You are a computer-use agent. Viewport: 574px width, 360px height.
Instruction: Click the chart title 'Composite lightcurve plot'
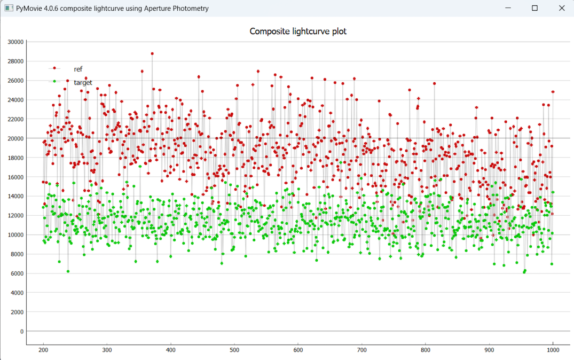point(298,32)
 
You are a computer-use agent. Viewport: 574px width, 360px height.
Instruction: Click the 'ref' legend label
point(78,69)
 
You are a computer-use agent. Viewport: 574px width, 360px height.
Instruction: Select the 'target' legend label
point(83,82)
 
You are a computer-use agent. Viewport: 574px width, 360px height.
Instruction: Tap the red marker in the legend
point(54,68)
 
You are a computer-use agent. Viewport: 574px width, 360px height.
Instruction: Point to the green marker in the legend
point(54,81)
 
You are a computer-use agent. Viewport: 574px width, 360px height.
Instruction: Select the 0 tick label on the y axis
point(22,331)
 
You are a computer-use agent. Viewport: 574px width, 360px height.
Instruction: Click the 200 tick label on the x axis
point(43,350)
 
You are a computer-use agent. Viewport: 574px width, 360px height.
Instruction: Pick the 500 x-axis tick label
point(234,350)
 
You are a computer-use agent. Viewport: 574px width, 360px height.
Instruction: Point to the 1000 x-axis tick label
point(553,350)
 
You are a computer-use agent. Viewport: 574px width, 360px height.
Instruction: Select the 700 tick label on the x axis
point(361,350)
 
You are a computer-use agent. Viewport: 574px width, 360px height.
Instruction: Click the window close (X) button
point(561,8)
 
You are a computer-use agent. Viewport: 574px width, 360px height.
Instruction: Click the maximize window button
point(534,8)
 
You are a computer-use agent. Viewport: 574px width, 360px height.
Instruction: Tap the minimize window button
point(508,8)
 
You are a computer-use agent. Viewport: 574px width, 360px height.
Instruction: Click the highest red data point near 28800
point(152,53)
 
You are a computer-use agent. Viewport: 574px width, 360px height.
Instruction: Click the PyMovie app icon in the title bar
point(9,9)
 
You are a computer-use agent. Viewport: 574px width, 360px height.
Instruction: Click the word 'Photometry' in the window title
point(191,9)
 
